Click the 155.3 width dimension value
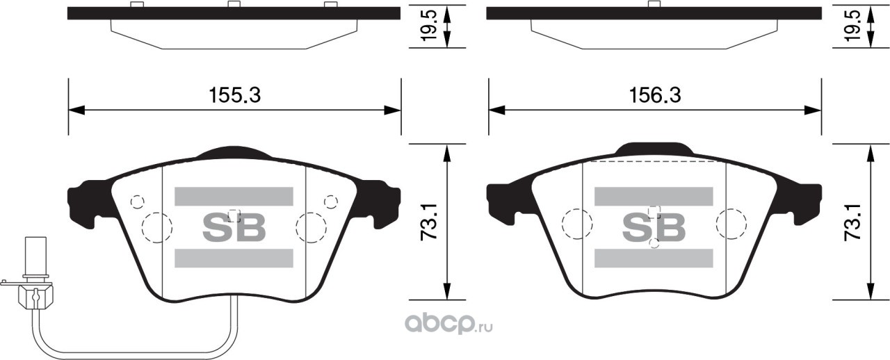tap(235, 96)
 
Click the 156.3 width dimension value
tap(655, 96)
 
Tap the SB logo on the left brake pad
tap(234, 227)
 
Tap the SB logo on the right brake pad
tap(654, 227)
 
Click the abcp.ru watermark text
tap(446, 323)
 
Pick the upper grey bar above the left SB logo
tap(234, 197)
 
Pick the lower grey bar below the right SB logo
tap(654, 258)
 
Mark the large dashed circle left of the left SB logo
tap(156, 227)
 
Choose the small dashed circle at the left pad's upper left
tap(137, 202)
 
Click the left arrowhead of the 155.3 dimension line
tap(76, 110)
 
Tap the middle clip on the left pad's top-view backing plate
tap(234, 5)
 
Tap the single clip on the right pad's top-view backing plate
tap(654, 5)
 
